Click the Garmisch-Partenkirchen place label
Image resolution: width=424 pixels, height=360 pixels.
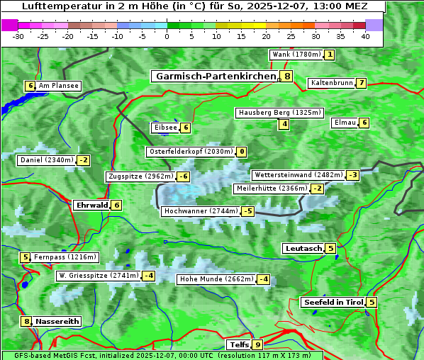coord(215,76)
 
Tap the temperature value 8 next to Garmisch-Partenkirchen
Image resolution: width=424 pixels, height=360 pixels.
coord(286,76)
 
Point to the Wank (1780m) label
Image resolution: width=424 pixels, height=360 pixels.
coord(296,55)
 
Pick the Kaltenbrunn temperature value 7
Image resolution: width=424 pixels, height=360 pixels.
coord(362,83)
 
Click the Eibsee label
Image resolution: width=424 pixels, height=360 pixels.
coord(164,128)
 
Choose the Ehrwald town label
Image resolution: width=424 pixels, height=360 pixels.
coord(91,206)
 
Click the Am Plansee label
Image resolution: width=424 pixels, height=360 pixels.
coord(59,86)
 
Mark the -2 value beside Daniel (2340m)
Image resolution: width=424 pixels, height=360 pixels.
coord(84,160)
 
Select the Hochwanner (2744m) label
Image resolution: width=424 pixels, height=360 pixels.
coord(201,211)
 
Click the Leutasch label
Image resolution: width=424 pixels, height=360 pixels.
coord(303,249)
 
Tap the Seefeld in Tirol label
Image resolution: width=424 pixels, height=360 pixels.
coord(333,303)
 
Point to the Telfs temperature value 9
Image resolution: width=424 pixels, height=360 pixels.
coord(257,345)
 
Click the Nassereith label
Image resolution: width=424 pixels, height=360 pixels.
coord(57,321)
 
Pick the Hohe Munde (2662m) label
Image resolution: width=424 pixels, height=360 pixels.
coord(216,279)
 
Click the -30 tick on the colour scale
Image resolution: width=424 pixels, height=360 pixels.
coord(18,36)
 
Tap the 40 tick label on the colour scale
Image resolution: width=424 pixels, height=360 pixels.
coord(365,36)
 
